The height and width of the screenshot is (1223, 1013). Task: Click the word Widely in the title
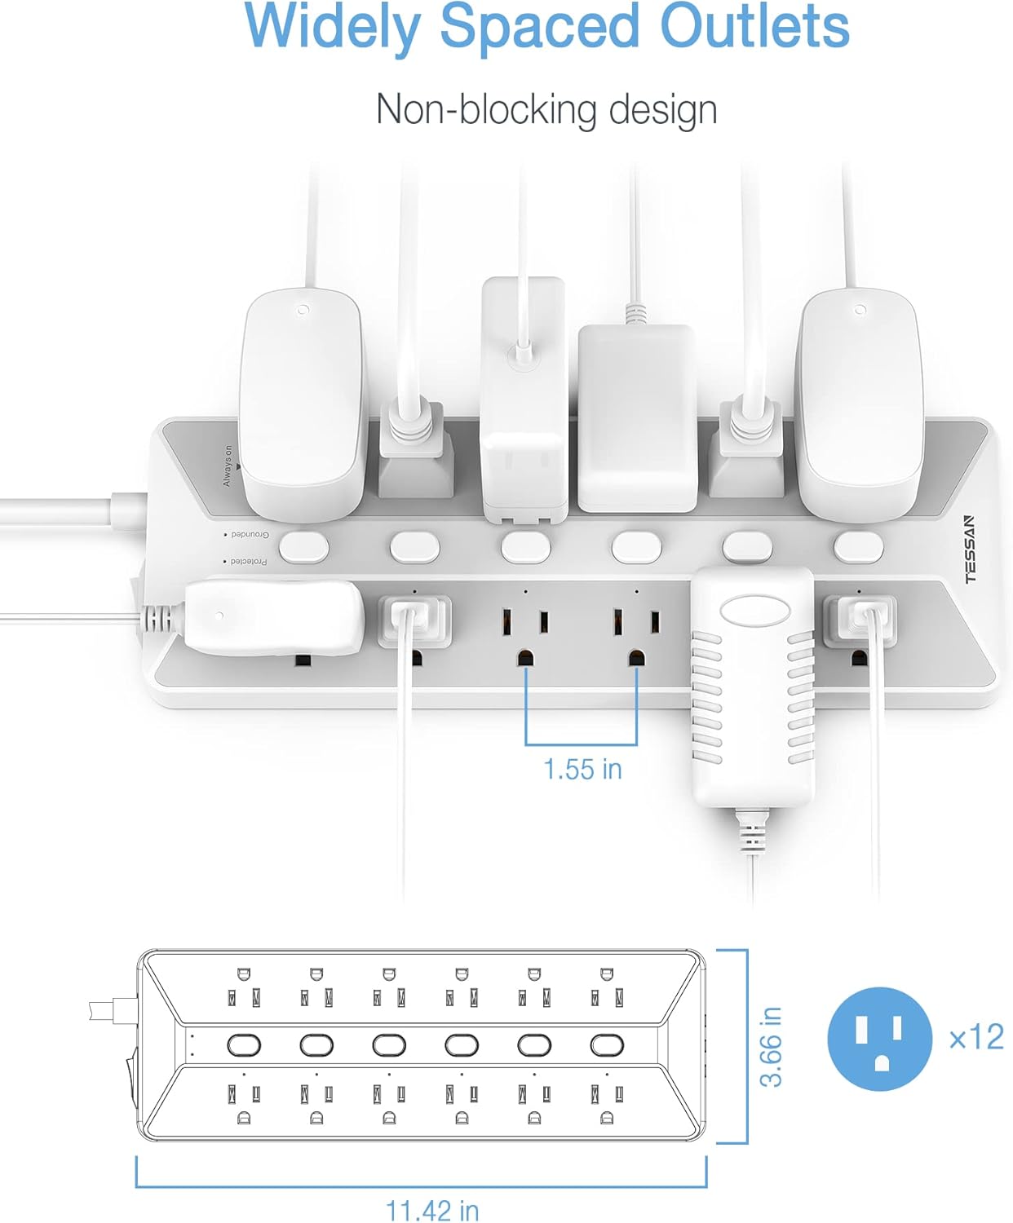pyautogui.click(x=333, y=28)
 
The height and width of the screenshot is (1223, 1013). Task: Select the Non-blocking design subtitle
pyautogui.click(x=546, y=109)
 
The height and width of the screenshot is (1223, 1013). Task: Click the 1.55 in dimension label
pyautogui.click(x=582, y=769)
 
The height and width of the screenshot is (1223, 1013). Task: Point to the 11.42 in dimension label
pyautogui.click(x=431, y=1210)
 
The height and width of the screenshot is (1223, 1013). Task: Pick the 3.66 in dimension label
pyautogui.click(x=771, y=1047)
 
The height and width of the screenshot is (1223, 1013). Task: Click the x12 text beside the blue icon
pyautogui.click(x=976, y=1037)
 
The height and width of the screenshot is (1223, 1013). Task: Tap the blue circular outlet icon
pyautogui.click(x=879, y=1039)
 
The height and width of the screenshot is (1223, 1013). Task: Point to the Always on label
pyautogui.click(x=228, y=467)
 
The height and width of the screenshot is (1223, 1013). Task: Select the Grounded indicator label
pyautogui.click(x=248, y=535)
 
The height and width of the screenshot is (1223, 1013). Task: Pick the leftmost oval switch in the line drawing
pyautogui.click(x=244, y=1044)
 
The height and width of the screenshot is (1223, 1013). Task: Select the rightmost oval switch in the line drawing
pyautogui.click(x=606, y=1044)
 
